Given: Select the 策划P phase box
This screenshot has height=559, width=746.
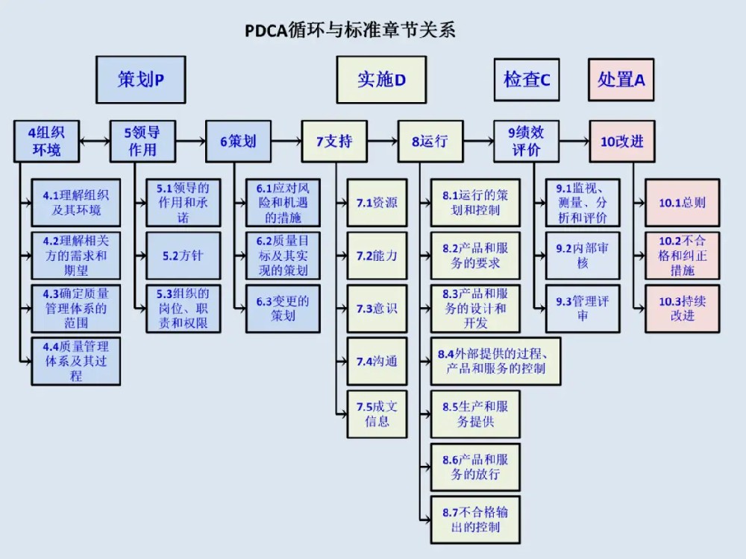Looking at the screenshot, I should click(140, 79).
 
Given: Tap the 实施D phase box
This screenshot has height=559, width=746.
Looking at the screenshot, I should click(381, 79).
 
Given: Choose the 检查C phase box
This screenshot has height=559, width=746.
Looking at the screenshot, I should click(527, 79).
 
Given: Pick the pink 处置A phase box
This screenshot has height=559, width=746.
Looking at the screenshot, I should click(621, 79).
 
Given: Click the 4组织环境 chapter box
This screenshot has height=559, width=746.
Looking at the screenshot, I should click(46, 141).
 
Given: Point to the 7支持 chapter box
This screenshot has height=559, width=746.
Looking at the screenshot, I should click(334, 141).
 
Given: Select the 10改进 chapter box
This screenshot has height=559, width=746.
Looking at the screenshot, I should click(622, 141).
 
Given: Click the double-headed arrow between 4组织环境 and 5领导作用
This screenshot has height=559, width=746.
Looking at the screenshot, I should click(94, 140).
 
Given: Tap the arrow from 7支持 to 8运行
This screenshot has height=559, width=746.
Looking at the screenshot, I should click(382, 140).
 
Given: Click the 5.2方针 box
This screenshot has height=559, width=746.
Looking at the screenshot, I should click(183, 256).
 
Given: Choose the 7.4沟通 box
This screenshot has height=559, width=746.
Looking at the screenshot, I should click(377, 361).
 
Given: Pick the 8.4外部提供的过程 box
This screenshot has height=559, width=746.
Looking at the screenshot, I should click(495, 361).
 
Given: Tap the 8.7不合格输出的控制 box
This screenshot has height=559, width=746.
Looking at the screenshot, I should click(475, 519).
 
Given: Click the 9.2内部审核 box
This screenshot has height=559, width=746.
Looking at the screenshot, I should click(583, 256).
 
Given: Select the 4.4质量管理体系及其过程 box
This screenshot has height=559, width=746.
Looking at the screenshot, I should click(75, 361).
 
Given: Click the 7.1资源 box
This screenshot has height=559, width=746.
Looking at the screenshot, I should click(377, 203).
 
